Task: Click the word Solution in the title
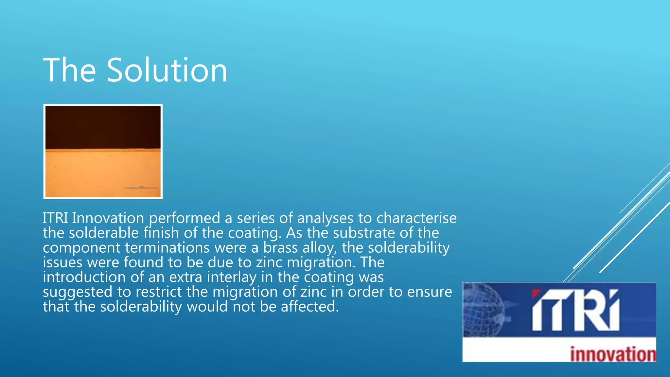(167, 70)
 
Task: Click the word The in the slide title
(69, 70)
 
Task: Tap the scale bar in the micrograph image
(141, 188)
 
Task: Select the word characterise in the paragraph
(416, 218)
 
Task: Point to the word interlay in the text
(232, 277)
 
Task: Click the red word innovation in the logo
(613, 354)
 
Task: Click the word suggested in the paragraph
(77, 292)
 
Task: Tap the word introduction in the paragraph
(84, 277)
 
